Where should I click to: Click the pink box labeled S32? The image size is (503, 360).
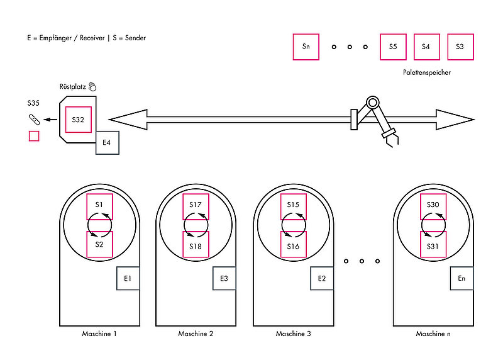click(x=78, y=120)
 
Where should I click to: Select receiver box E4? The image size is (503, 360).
click(x=108, y=143)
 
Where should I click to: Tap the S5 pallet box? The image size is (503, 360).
click(x=393, y=47)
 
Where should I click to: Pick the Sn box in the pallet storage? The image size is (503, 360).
click(x=306, y=47)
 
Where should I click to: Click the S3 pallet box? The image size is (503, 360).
click(x=460, y=47)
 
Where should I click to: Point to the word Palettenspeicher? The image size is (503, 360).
click(x=427, y=72)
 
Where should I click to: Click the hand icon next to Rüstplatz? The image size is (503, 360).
click(x=92, y=87)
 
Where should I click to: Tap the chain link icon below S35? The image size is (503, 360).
click(x=34, y=120)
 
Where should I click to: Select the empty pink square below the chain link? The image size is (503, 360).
click(x=34, y=136)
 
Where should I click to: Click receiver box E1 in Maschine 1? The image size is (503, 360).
click(x=128, y=278)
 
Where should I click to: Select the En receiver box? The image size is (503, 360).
click(x=462, y=278)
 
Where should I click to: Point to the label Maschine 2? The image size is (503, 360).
click(x=196, y=334)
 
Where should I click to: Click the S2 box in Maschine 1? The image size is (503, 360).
click(x=99, y=244)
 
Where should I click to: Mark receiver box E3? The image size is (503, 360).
click(x=224, y=278)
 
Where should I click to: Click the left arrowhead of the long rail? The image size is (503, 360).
click(x=128, y=120)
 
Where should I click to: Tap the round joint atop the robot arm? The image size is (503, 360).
click(x=372, y=103)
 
